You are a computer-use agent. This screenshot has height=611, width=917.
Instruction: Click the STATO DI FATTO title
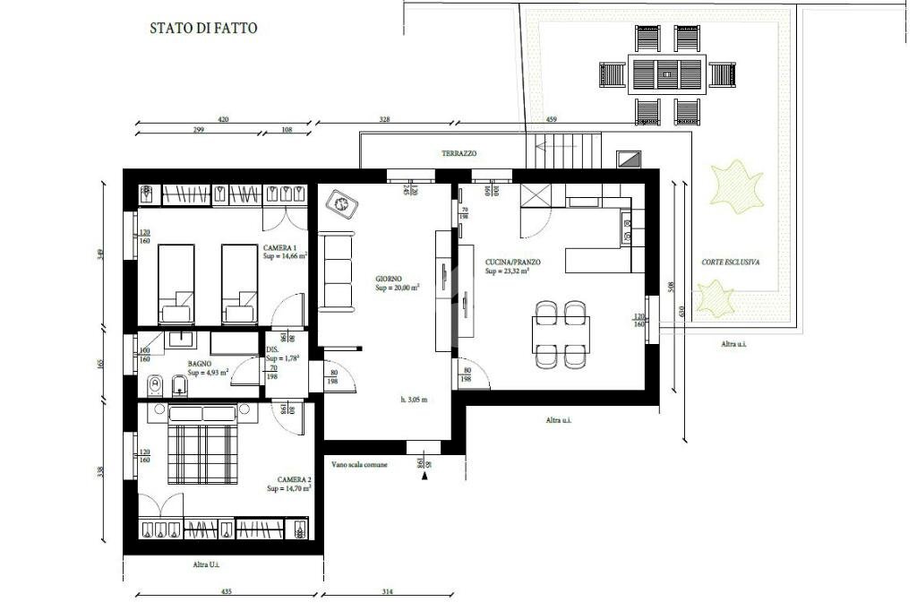(203, 28)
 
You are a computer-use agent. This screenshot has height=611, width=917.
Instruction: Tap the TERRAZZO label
(458, 154)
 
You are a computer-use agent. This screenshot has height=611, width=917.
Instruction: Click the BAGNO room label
(199, 364)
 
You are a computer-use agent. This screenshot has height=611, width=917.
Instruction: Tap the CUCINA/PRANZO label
(506, 261)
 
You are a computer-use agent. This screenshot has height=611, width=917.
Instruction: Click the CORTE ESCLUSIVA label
(731, 262)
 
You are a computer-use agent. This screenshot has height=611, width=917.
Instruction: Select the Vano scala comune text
(359, 465)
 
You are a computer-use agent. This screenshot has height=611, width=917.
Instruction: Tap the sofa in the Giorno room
(337, 270)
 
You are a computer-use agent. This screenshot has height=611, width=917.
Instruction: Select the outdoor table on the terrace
(668, 73)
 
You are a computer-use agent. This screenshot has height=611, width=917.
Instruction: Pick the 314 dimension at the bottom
(387, 592)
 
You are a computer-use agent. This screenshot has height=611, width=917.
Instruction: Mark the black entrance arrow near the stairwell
(424, 477)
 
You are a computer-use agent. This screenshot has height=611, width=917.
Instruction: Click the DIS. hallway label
(272, 349)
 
